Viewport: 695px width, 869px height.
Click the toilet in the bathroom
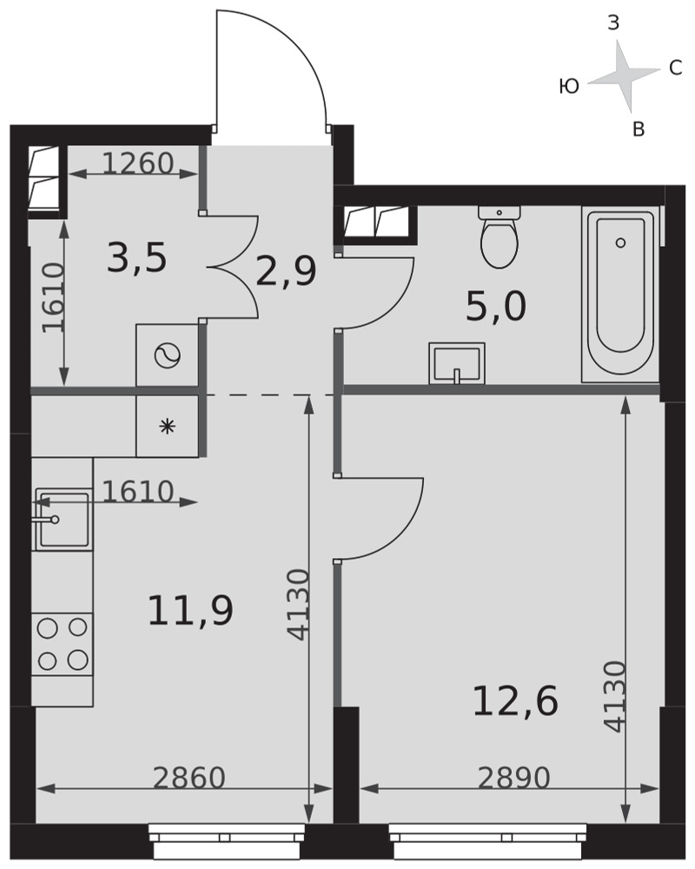coord(500,237)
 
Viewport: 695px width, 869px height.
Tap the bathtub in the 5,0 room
coord(620,295)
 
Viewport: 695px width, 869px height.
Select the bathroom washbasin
coord(457,363)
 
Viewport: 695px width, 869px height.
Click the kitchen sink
coord(63,520)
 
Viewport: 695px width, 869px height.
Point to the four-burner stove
coord(62,644)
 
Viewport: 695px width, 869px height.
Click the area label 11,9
coord(190,610)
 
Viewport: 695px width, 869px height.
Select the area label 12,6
coord(515,701)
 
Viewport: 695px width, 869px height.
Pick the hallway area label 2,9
coord(286,271)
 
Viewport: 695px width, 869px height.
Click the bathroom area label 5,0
coord(495,307)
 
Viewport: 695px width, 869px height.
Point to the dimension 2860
coord(189,778)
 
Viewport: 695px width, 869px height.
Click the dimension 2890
coord(513,778)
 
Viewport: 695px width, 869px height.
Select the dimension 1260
coord(138,163)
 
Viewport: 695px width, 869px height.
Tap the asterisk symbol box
coord(168,426)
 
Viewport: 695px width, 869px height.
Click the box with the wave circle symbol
coord(168,355)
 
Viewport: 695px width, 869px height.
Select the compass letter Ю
coord(569,86)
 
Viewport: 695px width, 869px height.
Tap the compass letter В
coord(639,129)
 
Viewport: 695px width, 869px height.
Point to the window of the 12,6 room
coord(487,841)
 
